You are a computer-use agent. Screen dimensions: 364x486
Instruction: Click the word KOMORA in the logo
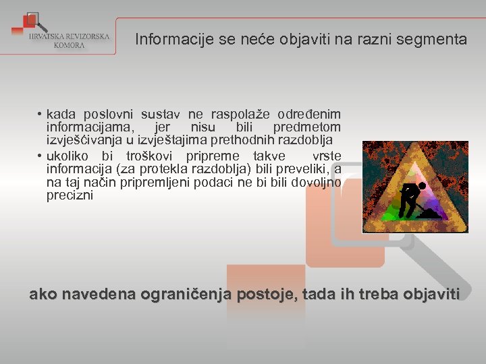click(x=70, y=45)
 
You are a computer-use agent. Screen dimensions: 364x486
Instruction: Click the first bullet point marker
click(x=40, y=115)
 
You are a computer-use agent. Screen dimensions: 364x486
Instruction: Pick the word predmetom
click(x=306, y=127)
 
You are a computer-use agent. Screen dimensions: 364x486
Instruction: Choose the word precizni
click(x=70, y=196)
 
